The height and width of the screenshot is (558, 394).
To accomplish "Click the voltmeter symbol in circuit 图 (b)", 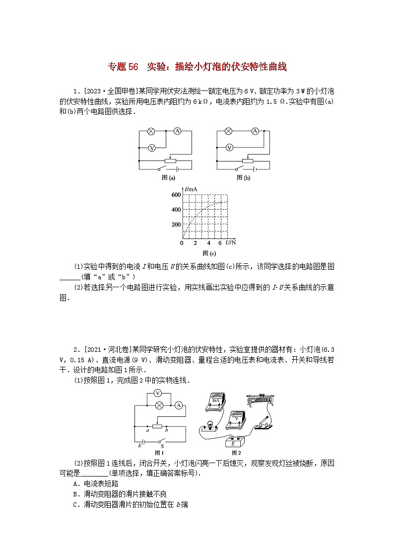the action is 229,147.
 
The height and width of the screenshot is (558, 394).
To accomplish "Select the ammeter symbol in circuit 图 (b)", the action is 255,131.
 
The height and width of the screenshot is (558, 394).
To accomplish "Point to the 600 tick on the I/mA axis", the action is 176,195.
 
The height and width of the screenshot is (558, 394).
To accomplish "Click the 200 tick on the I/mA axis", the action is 176,225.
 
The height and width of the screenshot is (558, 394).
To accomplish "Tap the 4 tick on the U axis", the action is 208,243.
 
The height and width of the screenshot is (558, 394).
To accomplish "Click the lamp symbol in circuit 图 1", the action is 160,405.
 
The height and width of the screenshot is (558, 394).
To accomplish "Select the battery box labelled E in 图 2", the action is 234,443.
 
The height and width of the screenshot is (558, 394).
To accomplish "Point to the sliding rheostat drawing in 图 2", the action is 263,399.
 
